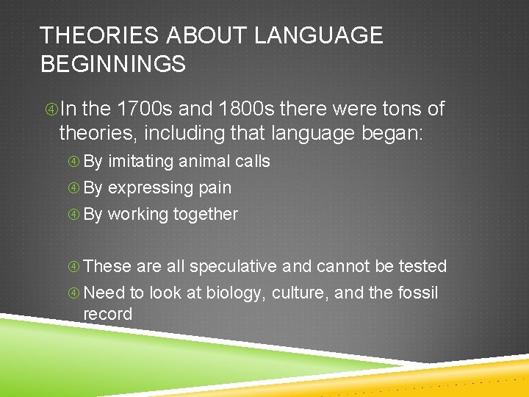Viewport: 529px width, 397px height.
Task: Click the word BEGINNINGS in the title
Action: point(113,64)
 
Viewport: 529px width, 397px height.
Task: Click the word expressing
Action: point(143,188)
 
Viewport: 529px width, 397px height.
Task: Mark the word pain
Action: point(215,188)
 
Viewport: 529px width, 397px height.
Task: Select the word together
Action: point(206,215)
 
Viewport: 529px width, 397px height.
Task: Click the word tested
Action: point(423,266)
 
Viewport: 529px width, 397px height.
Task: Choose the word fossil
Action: point(418,293)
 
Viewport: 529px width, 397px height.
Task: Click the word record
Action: point(108,314)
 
